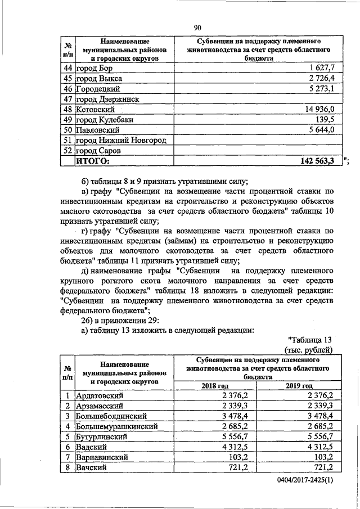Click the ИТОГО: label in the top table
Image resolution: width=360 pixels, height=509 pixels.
click(x=93, y=161)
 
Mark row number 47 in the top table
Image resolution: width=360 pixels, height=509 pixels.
click(x=67, y=99)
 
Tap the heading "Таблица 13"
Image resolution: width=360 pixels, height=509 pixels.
click(x=311, y=340)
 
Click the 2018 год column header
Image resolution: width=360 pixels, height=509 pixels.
click(x=215, y=385)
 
